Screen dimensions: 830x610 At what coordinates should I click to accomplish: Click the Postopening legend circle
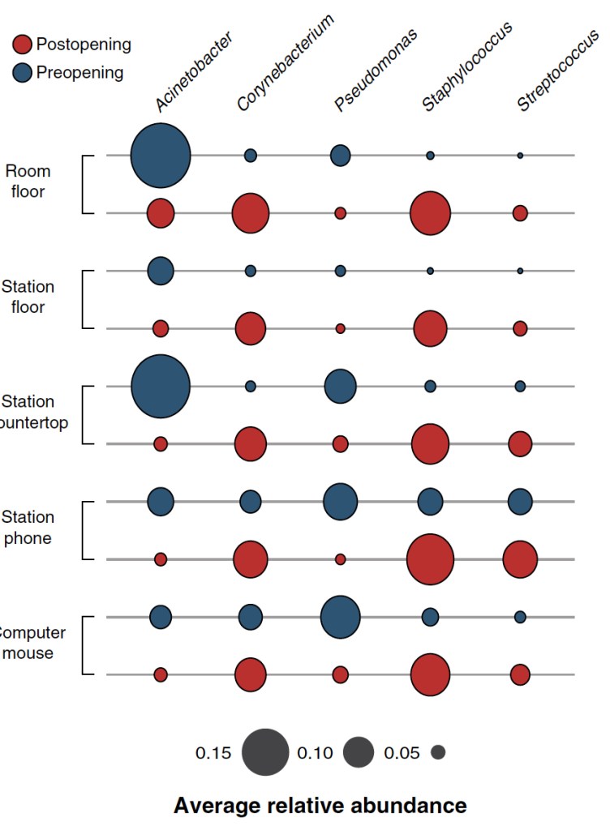(23, 45)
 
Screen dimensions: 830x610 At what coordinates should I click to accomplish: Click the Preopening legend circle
(23, 73)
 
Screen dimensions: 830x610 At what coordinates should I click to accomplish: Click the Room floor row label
(28, 182)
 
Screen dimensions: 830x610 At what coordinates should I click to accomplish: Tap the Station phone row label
(28, 528)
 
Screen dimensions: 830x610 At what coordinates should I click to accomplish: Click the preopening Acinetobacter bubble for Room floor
(161, 155)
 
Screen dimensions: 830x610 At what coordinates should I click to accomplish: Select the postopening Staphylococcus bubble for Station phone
(430, 559)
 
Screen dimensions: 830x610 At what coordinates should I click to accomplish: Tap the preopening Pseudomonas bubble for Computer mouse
(341, 617)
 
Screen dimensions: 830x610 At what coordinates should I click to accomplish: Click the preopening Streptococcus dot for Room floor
(520, 155)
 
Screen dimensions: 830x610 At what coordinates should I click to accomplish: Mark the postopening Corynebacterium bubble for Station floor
(251, 328)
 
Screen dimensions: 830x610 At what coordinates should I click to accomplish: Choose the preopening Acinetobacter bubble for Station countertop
(161, 386)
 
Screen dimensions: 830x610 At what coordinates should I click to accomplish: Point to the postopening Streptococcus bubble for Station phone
(520, 559)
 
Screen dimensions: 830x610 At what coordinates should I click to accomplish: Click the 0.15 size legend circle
(264, 753)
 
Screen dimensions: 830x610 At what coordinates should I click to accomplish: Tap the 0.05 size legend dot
(438, 753)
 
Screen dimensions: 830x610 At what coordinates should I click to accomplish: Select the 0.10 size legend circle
(358, 753)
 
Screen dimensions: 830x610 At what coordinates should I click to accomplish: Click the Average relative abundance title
(320, 805)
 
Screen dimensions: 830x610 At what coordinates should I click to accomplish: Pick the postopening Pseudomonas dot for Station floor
(341, 328)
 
